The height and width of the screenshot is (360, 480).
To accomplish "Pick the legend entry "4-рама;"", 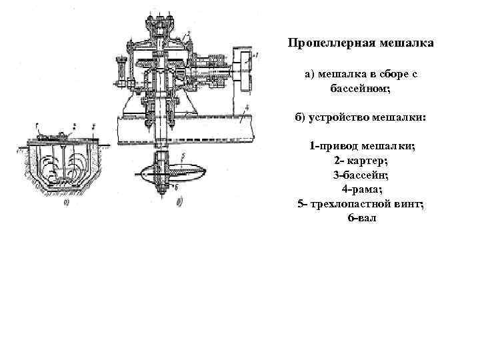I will click(x=361, y=189).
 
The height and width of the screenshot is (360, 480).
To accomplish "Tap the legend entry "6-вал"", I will click(x=361, y=218).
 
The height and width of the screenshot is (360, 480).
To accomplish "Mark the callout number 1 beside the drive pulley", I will click(x=247, y=60).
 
